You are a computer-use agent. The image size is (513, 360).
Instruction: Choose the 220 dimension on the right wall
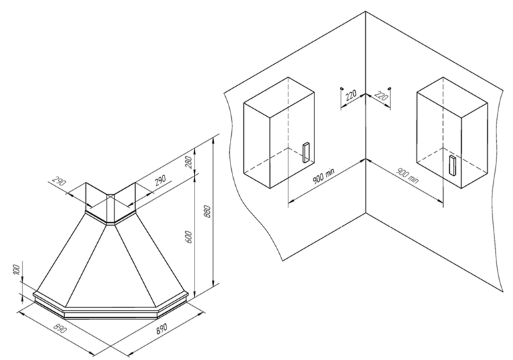[x=381, y=95]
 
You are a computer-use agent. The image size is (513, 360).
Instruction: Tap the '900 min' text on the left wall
[x=325, y=179]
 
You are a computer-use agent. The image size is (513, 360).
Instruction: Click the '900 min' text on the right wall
[x=407, y=175]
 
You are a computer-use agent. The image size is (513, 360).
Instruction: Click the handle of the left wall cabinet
[x=305, y=153]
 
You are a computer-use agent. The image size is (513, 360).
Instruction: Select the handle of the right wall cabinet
[x=452, y=165]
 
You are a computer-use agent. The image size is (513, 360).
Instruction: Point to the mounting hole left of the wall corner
[x=341, y=87]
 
